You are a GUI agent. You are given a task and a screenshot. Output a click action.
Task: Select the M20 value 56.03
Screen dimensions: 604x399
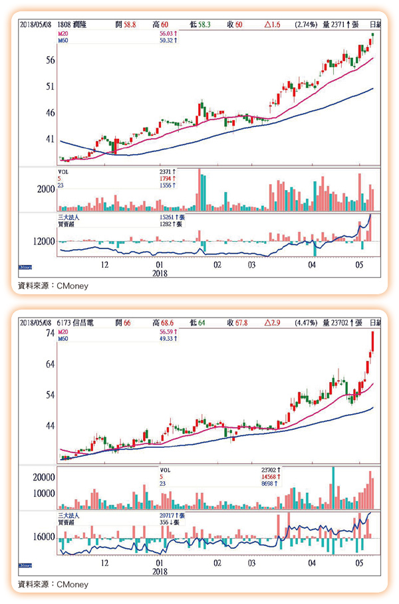tap(164, 33)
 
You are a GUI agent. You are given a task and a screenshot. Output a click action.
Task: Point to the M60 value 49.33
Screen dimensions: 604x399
tap(164, 338)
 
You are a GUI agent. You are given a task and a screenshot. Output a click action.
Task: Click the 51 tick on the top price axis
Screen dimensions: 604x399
tap(49, 86)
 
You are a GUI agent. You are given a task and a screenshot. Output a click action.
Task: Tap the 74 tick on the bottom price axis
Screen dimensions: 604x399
tap(49, 334)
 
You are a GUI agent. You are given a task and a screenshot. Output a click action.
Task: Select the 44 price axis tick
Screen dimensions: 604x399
tap(49, 425)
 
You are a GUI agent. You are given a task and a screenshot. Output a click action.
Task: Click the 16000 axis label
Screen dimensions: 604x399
tap(43, 536)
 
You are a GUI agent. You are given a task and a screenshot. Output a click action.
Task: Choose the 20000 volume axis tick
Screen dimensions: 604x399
tap(43, 477)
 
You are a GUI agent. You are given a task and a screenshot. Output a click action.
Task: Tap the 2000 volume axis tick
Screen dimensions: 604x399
tap(46, 190)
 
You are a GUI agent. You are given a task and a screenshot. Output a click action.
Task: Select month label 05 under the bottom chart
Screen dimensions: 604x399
tap(360, 563)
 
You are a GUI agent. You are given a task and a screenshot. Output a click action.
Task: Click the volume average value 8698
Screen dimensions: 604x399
tap(271, 484)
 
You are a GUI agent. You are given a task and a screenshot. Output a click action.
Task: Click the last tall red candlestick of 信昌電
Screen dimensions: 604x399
tap(372, 341)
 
